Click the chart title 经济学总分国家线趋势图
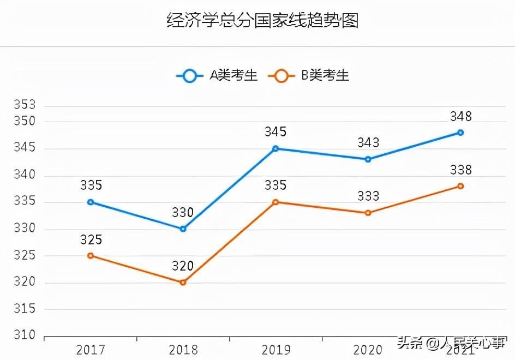click(x=262, y=21)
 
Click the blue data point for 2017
click(x=91, y=202)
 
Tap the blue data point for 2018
click(x=183, y=229)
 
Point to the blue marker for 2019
click(x=276, y=148)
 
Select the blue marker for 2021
click(x=460, y=133)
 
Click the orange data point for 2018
click(x=183, y=282)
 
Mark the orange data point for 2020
click(x=368, y=213)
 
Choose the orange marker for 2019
click(x=276, y=202)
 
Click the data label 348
click(x=460, y=116)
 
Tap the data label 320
click(x=183, y=266)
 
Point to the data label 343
click(x=368, y=143)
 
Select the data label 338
click(x=460, y=170)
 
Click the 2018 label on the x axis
click(x=183, y=349)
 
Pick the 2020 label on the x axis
click(x=368, y=349)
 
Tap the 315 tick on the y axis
click(x=24, y=309)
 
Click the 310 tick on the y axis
click(x=24, y=335)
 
